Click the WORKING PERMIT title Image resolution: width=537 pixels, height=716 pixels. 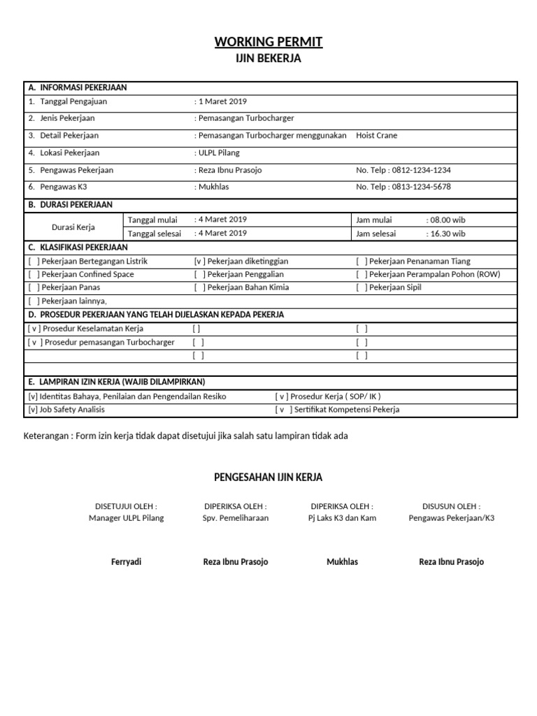268,42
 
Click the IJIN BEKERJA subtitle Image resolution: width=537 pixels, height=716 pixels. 268,59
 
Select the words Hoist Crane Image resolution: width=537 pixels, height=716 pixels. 376,136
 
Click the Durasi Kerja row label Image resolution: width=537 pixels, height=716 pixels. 73,227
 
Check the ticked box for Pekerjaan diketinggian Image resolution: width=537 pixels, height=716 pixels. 200,261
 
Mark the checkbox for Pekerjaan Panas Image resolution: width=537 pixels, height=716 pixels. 34,287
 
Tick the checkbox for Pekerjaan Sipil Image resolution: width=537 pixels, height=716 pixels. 361,287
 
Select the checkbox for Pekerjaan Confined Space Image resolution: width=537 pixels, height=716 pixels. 34,274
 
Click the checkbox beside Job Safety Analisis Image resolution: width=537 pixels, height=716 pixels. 32,410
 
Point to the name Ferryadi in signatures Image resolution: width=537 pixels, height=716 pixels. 127,562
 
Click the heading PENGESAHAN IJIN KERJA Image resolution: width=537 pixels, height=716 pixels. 268,478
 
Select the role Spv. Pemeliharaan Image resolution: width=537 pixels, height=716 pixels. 236,518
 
